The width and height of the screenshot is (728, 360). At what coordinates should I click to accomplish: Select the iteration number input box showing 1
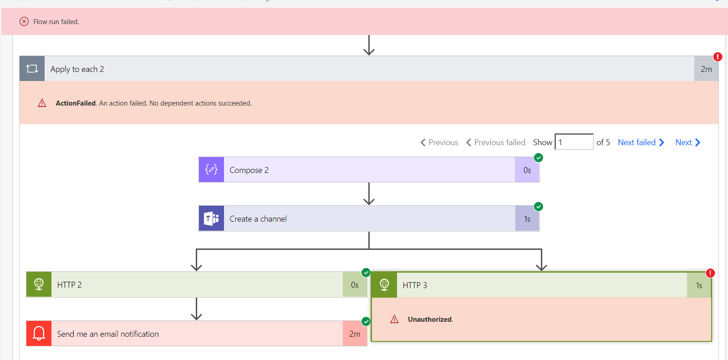(574, 142)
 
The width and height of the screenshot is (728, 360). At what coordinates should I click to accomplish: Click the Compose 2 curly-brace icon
(211, 170)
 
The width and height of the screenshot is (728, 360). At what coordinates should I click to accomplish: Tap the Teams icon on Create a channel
(211, 218)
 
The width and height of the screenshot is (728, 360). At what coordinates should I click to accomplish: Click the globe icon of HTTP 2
(39, 284)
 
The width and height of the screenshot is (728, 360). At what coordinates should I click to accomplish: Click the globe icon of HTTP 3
(384, 285)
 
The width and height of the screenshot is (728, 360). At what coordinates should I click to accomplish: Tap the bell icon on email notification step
(39, 334)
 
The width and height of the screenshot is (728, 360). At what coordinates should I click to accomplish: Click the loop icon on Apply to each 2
(32, 69)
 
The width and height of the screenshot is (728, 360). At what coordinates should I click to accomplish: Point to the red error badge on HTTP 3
(710, 273)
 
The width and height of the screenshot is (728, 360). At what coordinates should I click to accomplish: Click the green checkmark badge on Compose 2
(539, 158)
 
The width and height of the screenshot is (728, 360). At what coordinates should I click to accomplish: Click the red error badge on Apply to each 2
(718, 57)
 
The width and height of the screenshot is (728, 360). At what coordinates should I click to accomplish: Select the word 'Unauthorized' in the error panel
(429, 319)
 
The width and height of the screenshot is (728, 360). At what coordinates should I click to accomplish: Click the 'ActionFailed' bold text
(76, 103)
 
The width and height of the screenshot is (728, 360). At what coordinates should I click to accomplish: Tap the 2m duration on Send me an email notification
(355, 334)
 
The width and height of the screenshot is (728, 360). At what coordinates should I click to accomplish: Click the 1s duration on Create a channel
(527, 219)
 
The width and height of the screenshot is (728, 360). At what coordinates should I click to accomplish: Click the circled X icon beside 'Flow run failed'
(24, 21)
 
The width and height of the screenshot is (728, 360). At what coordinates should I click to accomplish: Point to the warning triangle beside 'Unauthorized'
(394, 319)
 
